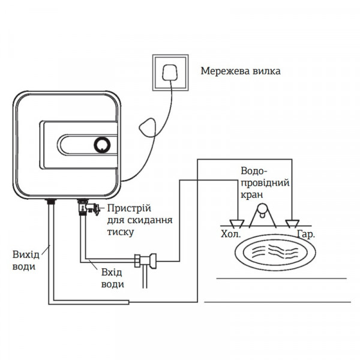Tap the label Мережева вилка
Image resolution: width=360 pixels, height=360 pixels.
click(x=240, y=71)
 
